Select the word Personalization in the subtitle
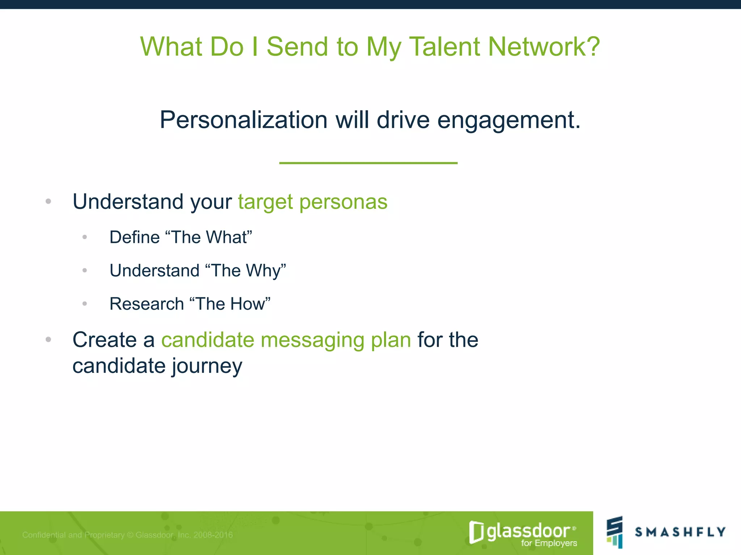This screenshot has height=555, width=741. tap(244, 120)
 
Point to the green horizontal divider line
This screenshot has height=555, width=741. tap(368, 163)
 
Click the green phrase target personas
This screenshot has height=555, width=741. tap(313, 202)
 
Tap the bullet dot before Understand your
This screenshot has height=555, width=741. tap(48, 201)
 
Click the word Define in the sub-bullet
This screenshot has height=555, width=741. tap(134, 237)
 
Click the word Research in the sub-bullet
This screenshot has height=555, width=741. tap(147, 304)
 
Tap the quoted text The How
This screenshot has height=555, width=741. tap(230, 304)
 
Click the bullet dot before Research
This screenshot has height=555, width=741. tap(85, 304)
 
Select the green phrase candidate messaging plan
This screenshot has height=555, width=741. tap(286, 340)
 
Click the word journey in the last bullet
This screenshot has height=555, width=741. tap(207, 366)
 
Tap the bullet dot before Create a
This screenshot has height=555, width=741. tap(48, 340)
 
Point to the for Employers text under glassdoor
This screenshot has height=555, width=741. tap(549, 543)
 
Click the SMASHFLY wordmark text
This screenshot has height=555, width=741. tap(680, 532)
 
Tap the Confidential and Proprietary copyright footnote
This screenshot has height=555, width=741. tap(127, 535)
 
